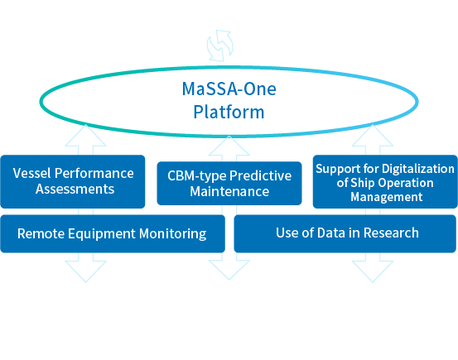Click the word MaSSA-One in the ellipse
click(229, 89)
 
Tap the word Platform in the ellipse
click(229, 112)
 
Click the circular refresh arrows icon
click(220, 46)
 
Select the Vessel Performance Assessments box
click(73, 181)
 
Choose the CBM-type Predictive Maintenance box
click(229, 184)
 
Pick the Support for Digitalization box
click(385, 181)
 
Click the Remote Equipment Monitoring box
click(113, 233)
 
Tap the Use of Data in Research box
click(345, 233)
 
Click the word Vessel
click(31, 173)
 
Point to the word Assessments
click(75, 189)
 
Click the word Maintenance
click(229, 191)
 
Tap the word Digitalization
click(418, 169)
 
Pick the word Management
click(387, 197)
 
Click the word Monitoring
click(172, 234)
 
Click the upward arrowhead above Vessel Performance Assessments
click(85, 135)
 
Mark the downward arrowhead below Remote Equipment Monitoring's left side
click(85, 271)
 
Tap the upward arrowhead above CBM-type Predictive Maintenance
click(229, 146)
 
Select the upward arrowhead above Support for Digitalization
click(373, 135)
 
